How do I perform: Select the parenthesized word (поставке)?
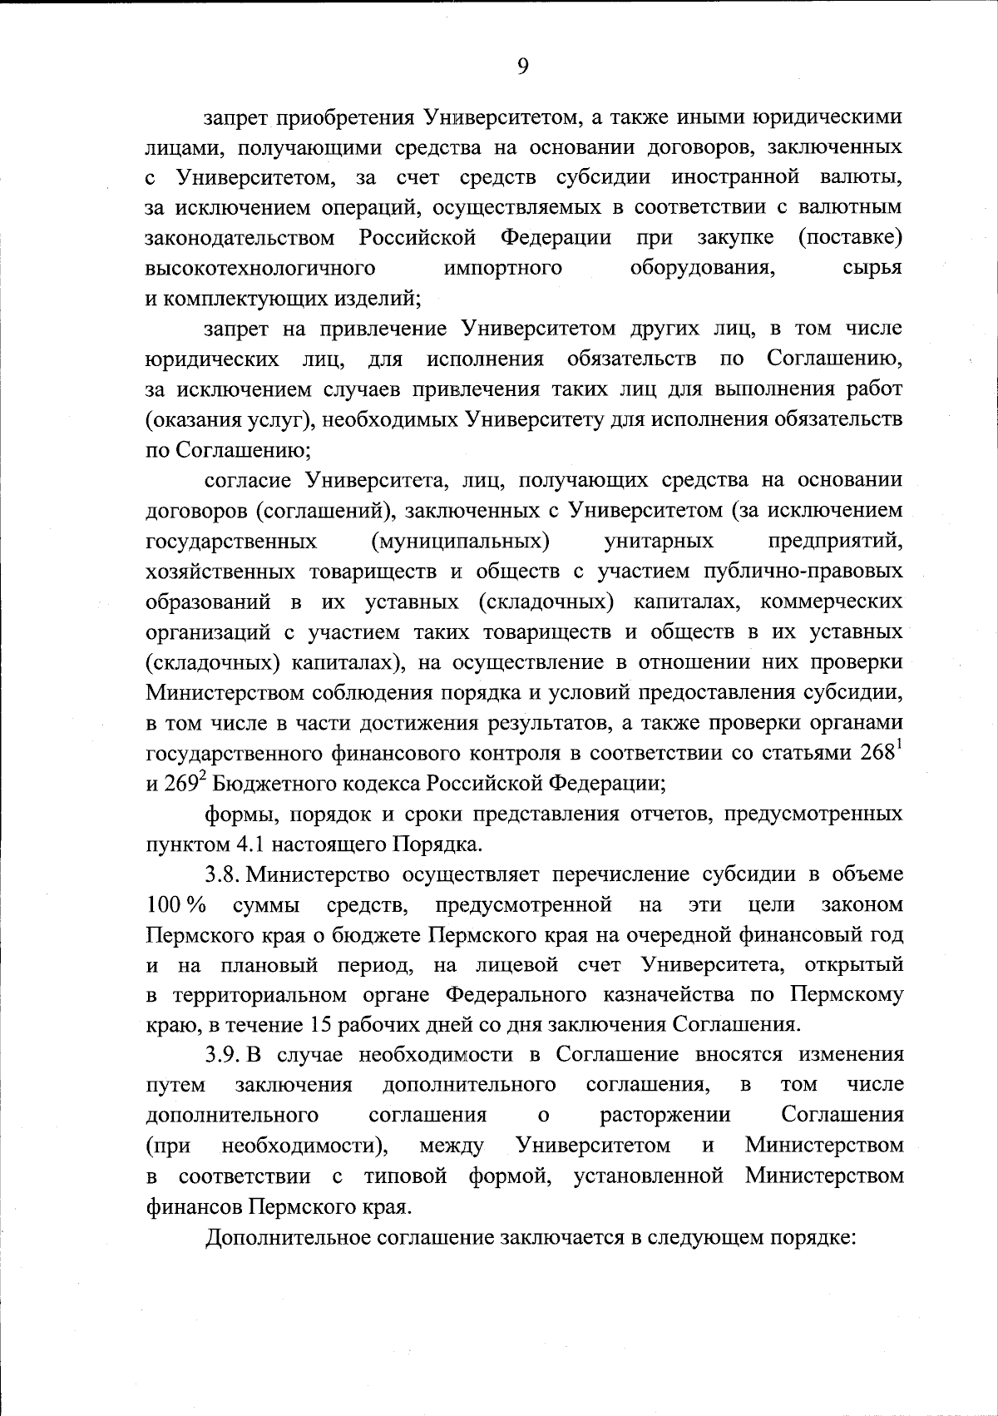pyautogui.click(x=850, y=238)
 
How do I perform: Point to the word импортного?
pyautogui.click(x=502, y=268)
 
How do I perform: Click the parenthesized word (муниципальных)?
pyautogui.click(x=460, y=542)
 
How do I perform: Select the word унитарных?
pyautogui.click(x=658, y=542)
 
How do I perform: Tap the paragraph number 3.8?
pyautogui.click(x=221, y=876)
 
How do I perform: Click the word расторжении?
pyautogui.click(x=665, y=1116)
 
